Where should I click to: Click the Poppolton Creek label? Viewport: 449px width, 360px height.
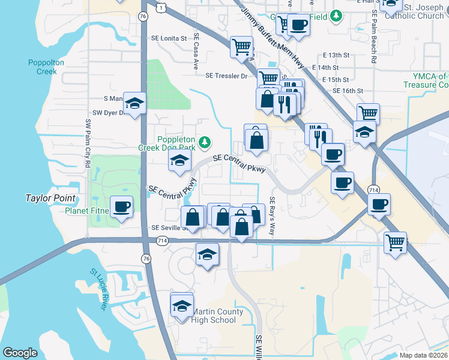pyautogui.click(x=42, y=67)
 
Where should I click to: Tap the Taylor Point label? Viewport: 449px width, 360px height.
pyautogui.click(x=50, y=198)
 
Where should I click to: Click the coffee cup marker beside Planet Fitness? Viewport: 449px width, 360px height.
pyautogui.click(x=122, y=207)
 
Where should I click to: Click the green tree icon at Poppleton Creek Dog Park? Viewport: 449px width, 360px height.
pyautogui.click(x=206, y=142)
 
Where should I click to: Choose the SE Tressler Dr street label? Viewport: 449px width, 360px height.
pyautogui.click(x=226, y=76)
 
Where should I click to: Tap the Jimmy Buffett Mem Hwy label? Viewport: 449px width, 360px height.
pyautogui.click(x=272, y=36)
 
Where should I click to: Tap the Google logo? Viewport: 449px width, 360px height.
pyautogui.click(x=20, y=352)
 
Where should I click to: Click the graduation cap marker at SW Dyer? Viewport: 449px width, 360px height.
pyautogui.click(x=136, y=104)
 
